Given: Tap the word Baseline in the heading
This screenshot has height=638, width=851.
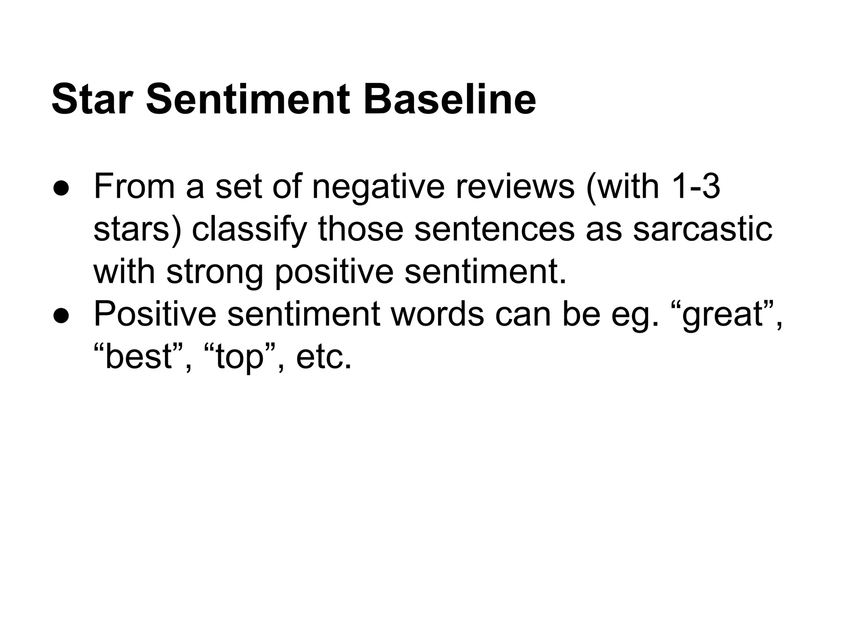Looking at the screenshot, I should [x=450, y=100].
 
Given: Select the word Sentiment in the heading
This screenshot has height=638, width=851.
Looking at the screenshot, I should [x=248, y=100].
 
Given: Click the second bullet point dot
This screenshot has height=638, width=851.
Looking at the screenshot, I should [x=61, y=316].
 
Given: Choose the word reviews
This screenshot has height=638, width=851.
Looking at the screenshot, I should [x=515, y=187].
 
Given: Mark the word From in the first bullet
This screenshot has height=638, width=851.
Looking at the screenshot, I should [x=134, y=187].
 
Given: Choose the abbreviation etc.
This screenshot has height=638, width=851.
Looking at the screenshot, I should [x=324, y=357].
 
